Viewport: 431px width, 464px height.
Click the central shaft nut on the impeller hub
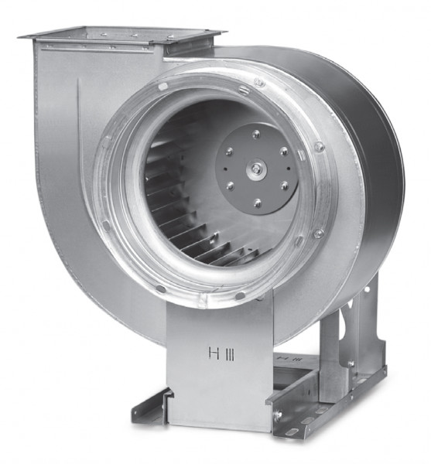256,169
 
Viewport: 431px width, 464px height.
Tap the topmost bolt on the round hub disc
256,135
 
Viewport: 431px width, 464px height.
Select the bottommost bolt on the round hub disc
258,203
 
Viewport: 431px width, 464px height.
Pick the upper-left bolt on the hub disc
229,152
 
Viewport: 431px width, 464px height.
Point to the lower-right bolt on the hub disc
285,186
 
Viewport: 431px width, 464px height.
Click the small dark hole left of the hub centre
226,169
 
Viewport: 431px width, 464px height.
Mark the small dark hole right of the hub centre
289,169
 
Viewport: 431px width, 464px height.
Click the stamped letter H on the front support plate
214,353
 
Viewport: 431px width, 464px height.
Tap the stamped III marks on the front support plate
230,355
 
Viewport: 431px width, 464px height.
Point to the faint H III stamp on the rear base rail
289,359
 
